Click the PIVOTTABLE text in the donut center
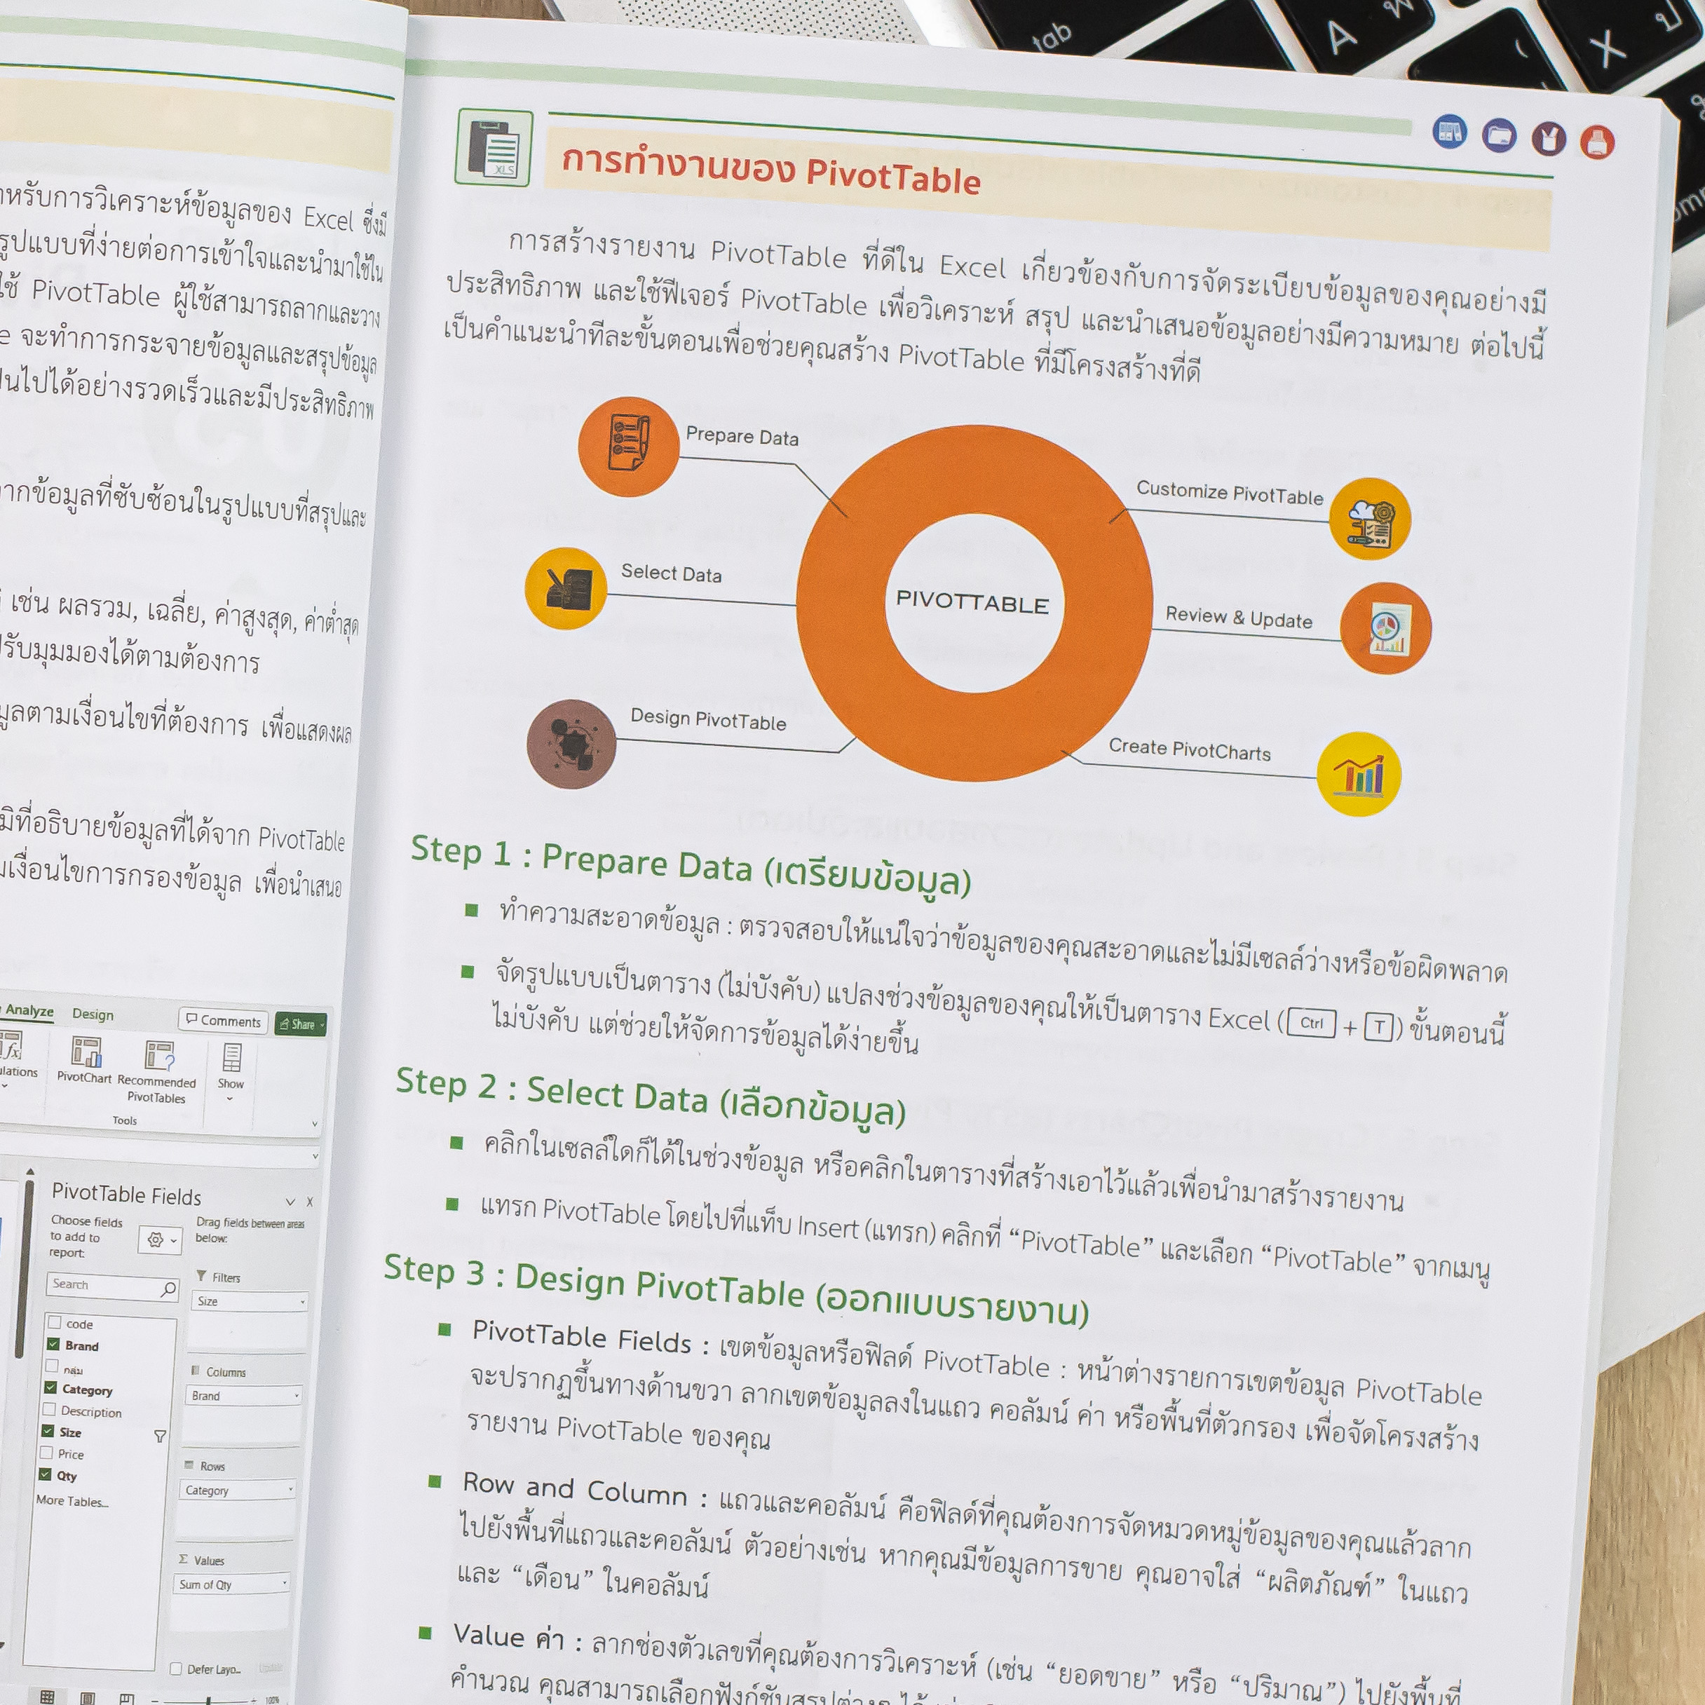pyautogui.click(x=972, y=603)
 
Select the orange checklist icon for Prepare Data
pyautogui.click(x=628, y=446)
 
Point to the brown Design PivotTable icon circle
pyautogui.click(x=571, y=744)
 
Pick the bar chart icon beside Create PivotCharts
pyautogui.click(x=1358, y=774)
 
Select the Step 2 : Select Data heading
pyautogui.click(x=649, y=1097)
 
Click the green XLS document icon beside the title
pyautogui.click(x=494, y=147)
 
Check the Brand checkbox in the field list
pyautogui.click(x=53, y=1345)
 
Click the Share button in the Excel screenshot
pyautogui.click(x=301, y=1024)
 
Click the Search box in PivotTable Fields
pyautogui.click(x=110, y=1286)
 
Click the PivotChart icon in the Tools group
pyautogui.click(x=86, y=1054)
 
